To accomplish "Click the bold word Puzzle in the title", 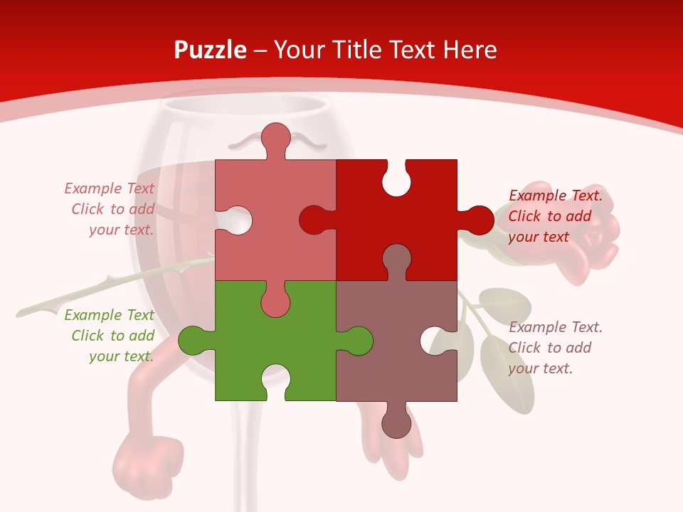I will (211, 50).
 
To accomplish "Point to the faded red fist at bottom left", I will (146, 459).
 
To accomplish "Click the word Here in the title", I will (470, 50).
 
